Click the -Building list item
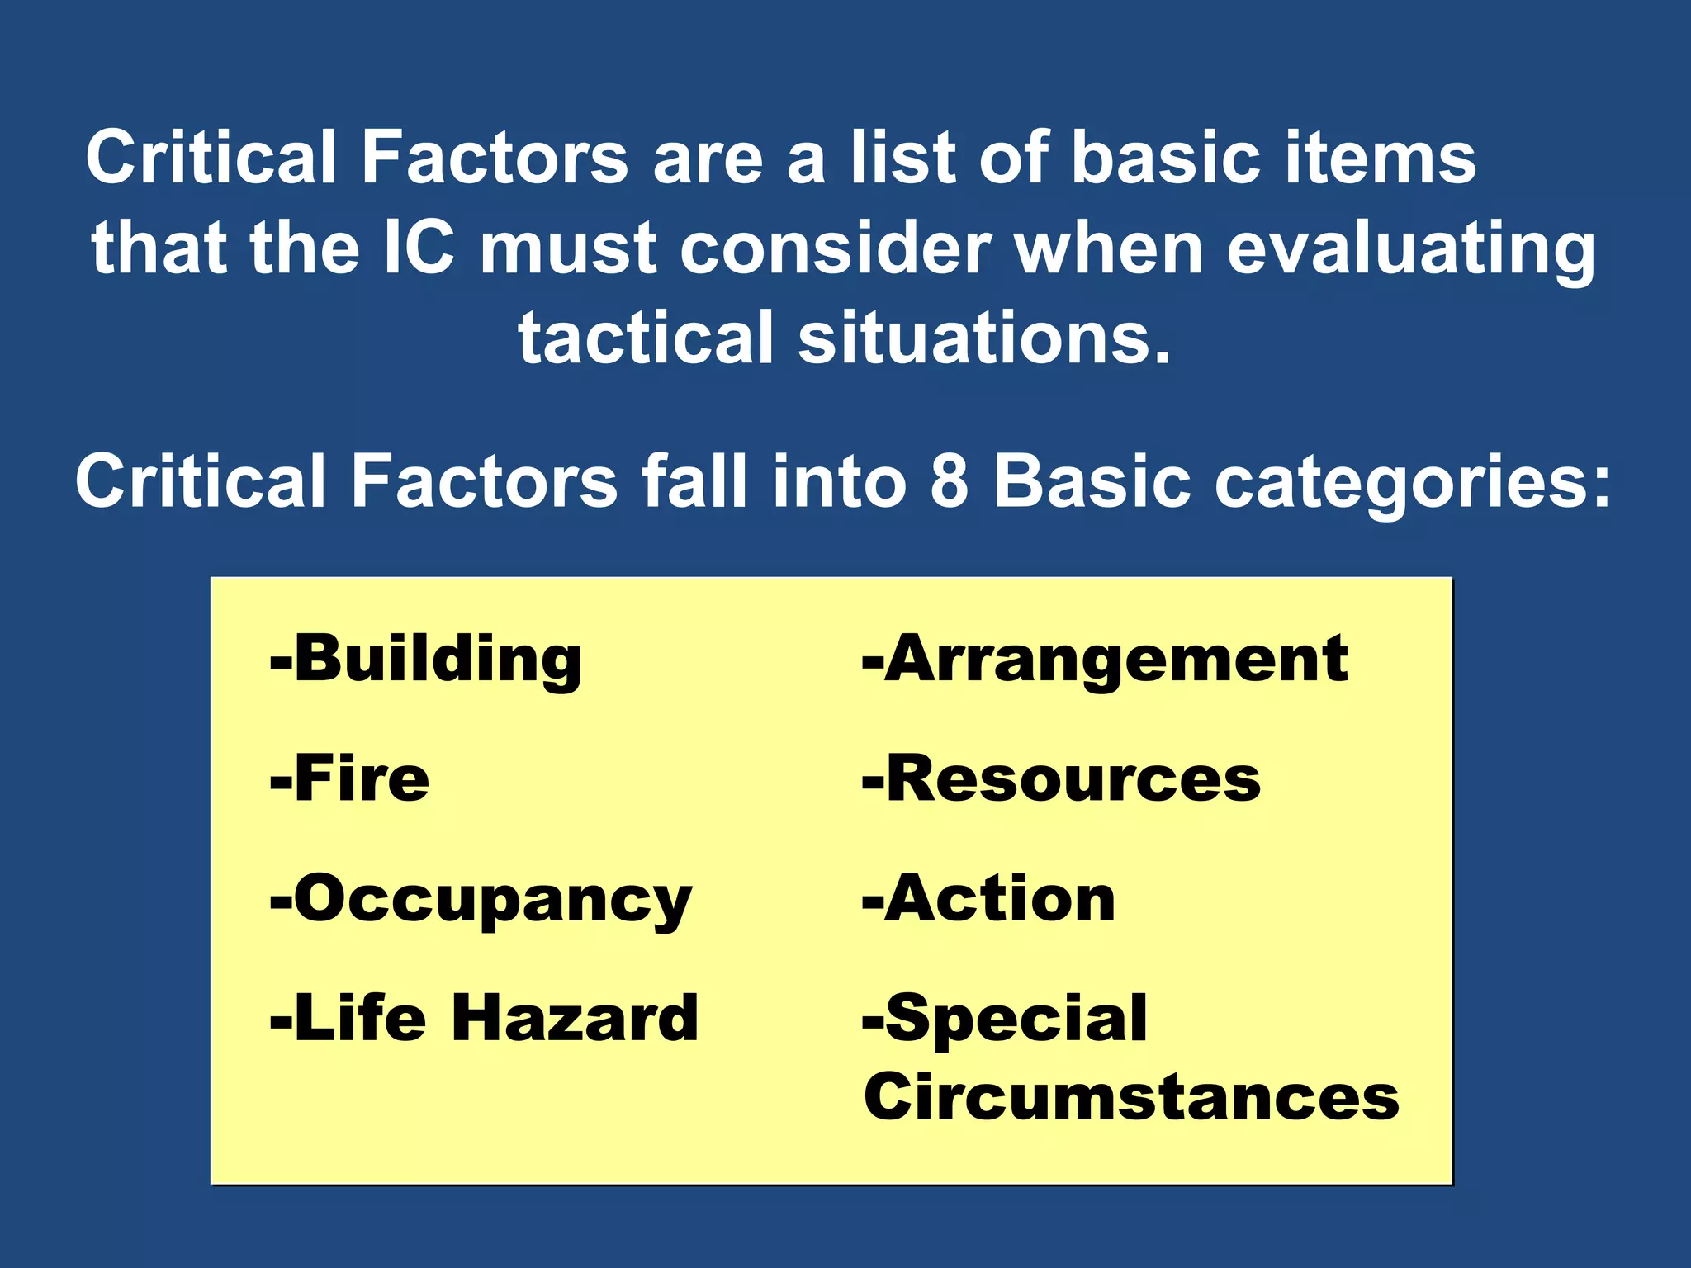click(426, 660)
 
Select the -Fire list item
click(350, 779)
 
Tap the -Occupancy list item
click(481, 900)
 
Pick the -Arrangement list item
click(1105, 660)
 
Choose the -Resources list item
click(1062, 779)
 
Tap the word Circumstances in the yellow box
click(1131, 1098)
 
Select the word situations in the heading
click(983, 338)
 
